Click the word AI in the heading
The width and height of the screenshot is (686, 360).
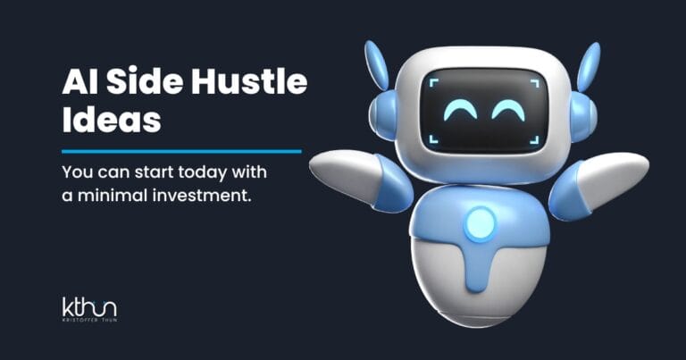(78, 84)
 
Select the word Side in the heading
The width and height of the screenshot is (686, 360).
(135, 84)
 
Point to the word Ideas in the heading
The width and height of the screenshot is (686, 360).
(112, 120)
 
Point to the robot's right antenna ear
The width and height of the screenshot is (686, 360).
(590, 71)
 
